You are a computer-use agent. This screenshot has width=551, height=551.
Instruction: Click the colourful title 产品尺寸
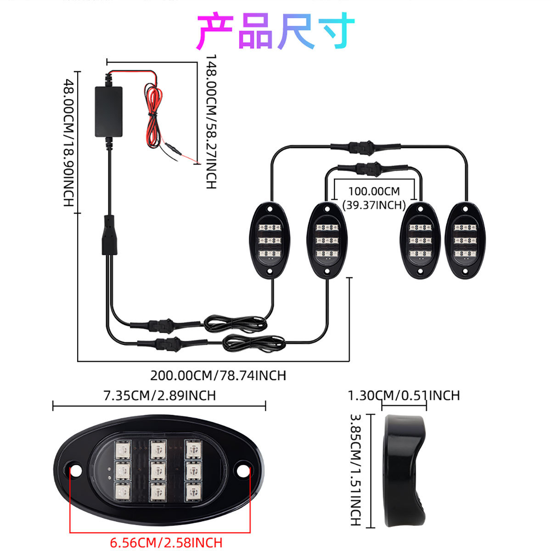(275, 31)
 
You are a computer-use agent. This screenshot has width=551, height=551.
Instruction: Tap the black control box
(109, 111)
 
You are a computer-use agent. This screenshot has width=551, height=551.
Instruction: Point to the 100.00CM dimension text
(374, 191)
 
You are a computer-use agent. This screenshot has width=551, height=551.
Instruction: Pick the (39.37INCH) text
(374, 205)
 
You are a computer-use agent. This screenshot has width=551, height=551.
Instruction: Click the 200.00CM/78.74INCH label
(218, 376)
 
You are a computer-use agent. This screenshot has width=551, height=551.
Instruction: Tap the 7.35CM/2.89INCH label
(159, 395)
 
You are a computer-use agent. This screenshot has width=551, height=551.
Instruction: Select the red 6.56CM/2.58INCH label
(166, 542)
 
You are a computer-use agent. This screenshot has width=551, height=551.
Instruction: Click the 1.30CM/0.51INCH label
(404, 395)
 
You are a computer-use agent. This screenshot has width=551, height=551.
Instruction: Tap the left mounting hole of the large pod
(74, 470)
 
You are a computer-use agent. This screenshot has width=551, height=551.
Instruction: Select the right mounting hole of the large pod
(242, 470)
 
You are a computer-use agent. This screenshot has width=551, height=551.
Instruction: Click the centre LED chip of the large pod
(157, 470)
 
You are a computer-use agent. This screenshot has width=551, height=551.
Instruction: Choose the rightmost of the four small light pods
(465, 239)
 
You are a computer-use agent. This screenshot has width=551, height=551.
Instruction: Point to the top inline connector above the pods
(365, 147)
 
